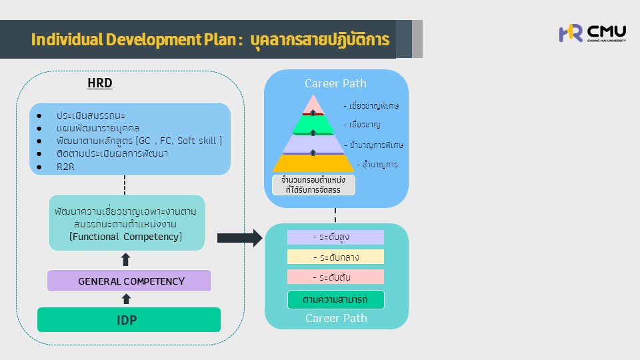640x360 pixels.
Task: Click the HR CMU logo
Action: point(592,33)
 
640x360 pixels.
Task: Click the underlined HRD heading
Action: point(99,83)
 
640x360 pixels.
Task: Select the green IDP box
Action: point(129,319)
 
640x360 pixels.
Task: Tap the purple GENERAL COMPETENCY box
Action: point(129,281)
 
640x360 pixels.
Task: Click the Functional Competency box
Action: point(127,223)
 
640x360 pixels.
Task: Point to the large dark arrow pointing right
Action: point(239,238)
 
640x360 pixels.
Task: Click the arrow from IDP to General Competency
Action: point(126,299)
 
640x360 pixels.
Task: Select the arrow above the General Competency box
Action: point(126,259)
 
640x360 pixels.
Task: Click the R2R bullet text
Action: point(65,167)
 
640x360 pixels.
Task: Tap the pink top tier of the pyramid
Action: point(313,105)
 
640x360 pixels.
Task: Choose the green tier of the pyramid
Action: point(313,125)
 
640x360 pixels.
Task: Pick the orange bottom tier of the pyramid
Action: point(313,163)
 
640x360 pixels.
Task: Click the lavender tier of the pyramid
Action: point(313,144)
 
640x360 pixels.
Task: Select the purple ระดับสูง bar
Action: point(335,237)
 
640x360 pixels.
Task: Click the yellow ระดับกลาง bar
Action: point(335,257)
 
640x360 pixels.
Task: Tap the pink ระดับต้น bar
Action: point(335,277)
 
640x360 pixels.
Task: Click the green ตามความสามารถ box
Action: point(336,299)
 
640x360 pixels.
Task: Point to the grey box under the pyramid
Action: point(313,185)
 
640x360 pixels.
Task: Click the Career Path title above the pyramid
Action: point(335,83)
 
